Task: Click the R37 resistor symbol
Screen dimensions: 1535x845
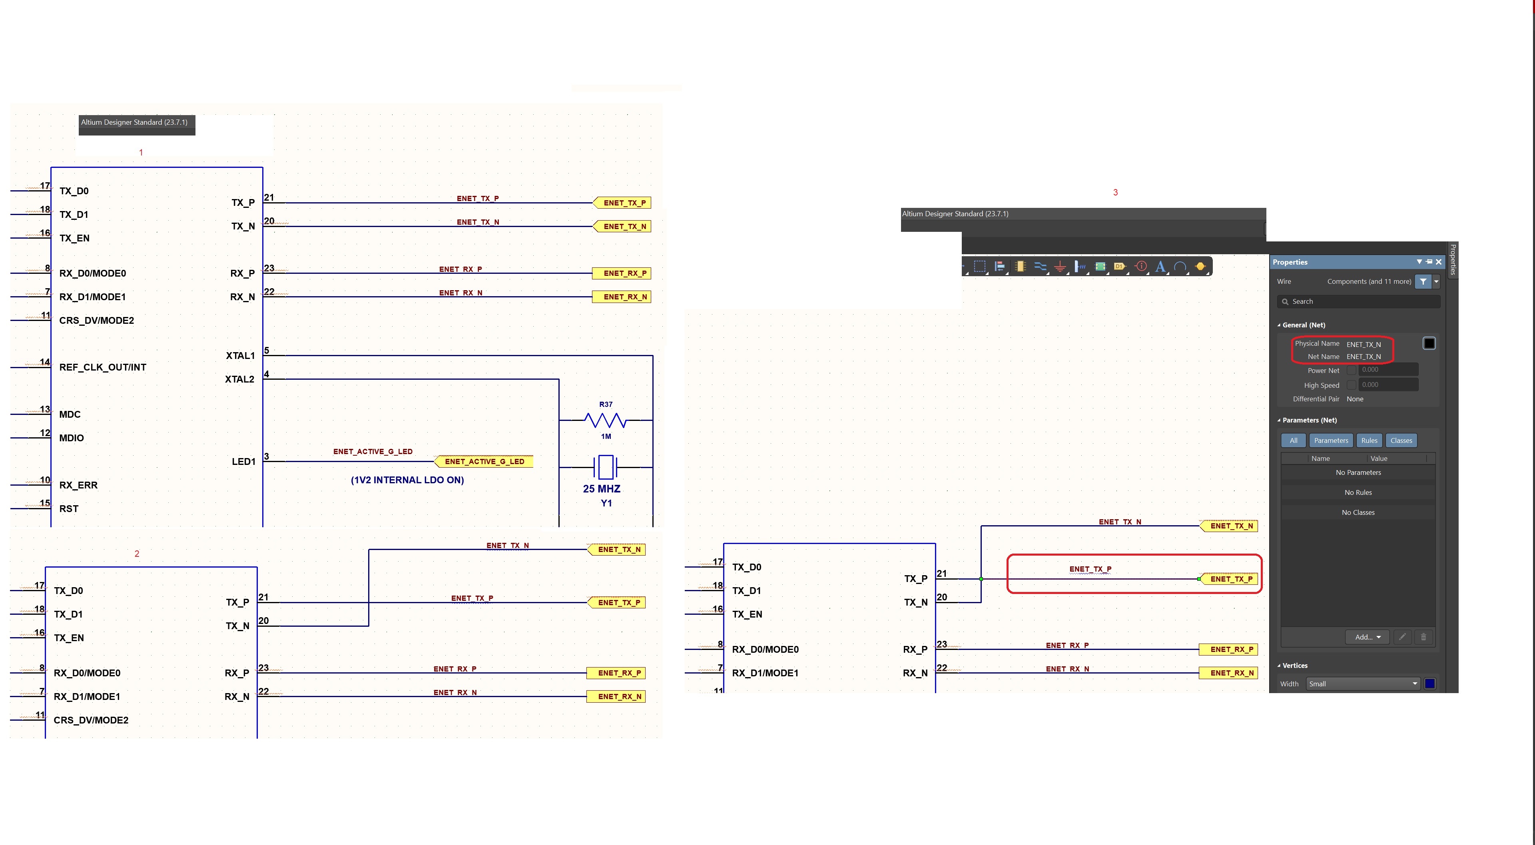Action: point(606,421)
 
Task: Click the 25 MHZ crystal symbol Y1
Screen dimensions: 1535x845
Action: point(606,467)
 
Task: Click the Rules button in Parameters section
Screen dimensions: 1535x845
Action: point(1369,440)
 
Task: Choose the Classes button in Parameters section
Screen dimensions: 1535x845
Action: point(1401,440)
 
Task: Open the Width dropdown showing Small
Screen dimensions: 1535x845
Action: point(1363,684)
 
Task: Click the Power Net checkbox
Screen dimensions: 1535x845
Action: point(1352,370)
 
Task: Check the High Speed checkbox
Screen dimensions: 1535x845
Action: point(1352,385)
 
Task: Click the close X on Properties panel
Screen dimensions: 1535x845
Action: point(1439,261)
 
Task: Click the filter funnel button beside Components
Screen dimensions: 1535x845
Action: point(1423,281)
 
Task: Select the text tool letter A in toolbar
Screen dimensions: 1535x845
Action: point(1160,266)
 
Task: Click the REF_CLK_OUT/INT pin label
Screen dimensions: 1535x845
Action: point(102,367)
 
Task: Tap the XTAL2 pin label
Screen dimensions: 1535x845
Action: point(239,379)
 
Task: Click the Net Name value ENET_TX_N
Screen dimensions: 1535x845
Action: point(1364,357)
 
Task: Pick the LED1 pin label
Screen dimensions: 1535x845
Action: point(243,461)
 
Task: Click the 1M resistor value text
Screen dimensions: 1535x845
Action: point(606,436)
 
